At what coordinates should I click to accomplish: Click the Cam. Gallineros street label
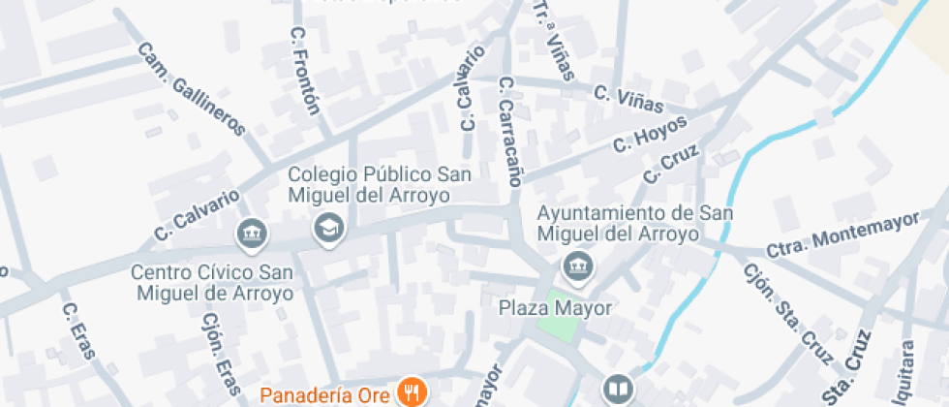pos(191,88)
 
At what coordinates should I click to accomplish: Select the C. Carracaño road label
pos(509,131)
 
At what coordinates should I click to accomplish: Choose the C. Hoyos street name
pos(650,135)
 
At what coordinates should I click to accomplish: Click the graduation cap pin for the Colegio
pos(328,230)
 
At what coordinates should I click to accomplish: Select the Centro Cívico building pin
pos(251,233)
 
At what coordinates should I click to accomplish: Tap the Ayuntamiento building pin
pos(578,266)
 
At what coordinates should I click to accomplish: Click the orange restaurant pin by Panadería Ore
pos(413,392)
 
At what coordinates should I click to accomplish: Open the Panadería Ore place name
pos(327,394)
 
